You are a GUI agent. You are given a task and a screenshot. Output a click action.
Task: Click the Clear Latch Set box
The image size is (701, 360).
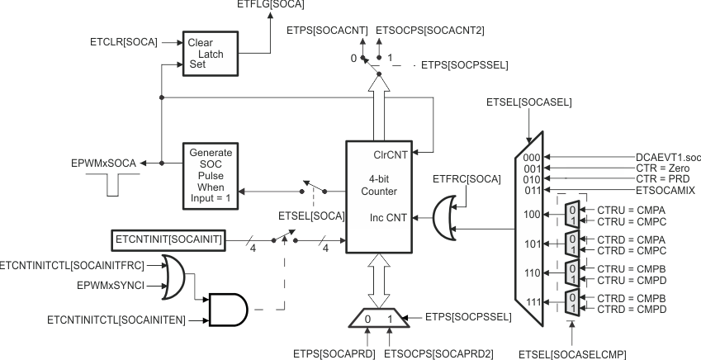pyautogui.click(x=211, y=54)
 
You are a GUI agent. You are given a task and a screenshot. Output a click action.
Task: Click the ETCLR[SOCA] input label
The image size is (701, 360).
pyautogui.click(x=125, y=40)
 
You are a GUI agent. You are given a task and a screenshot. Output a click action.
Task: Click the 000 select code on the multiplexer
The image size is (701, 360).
pyautogui.click(x=532, y=156)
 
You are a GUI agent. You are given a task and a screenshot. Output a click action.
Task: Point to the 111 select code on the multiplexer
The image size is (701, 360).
pyautogui.click(x=532, y=303)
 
